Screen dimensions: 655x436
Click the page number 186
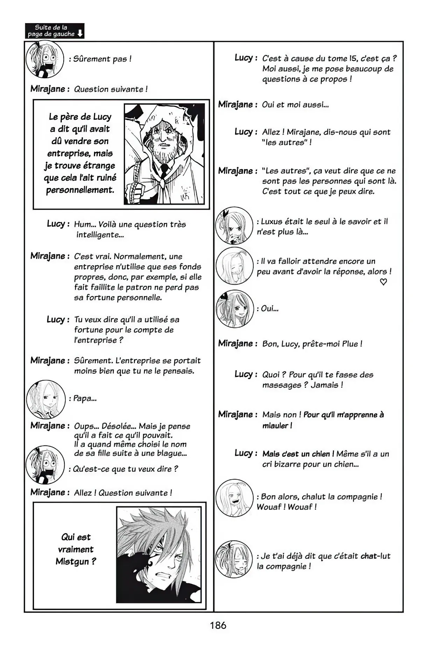point(218,625)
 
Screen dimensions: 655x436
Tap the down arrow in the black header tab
point(80,34)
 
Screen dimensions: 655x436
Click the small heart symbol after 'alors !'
point(384,282)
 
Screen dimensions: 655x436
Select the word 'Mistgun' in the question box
point(73,562)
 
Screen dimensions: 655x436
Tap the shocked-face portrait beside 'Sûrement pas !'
point(45,59)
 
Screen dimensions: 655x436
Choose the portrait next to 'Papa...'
point(46,399)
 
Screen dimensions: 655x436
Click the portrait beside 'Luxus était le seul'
point(234,225)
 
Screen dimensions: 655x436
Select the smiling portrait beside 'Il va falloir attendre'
point(234,266)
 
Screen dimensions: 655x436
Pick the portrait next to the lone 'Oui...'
point(234,309)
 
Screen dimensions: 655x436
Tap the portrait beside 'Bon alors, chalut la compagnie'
point(234,498)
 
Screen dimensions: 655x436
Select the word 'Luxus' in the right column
point(272,222)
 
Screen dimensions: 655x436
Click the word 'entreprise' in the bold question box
point(64,154)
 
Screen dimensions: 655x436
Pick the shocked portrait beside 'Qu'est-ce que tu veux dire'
point(45,464)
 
